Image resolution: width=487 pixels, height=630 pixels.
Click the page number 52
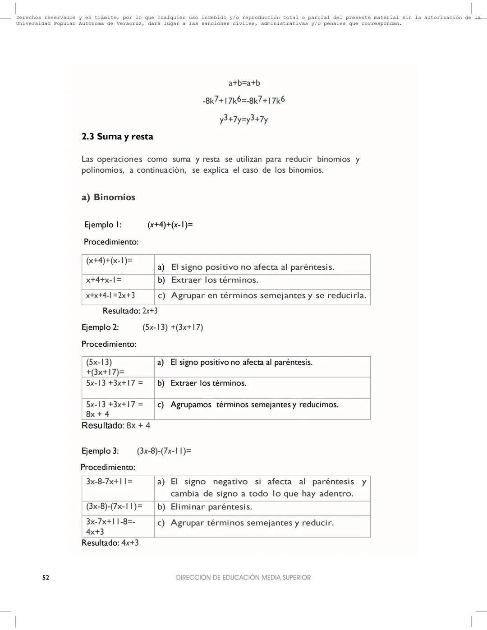[46, 578]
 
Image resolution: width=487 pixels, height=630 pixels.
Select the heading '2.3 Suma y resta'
[117, 137]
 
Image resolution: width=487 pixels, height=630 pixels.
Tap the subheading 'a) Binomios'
[108, 197]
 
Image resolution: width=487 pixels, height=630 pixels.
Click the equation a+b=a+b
[244, 83]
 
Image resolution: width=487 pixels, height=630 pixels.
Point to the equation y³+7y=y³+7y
[244, 120]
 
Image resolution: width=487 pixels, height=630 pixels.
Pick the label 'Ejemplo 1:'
[103, 225]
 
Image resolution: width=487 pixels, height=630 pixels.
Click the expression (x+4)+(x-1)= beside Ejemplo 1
[170, 225]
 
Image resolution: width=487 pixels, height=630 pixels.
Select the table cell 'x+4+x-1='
[104, 280]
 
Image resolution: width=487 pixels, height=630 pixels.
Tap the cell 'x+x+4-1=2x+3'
[110, 296]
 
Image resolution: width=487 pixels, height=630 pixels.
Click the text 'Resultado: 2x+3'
[130, 311]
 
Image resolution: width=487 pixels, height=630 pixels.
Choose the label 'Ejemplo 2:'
[100, 327]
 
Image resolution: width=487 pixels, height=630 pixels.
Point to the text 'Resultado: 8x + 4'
[116, 426]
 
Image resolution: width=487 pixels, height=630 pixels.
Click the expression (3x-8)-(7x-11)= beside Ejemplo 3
[164, 451]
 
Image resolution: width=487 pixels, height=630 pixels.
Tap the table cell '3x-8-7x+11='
[109, 482]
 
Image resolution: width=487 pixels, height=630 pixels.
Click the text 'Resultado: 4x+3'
[110, 543]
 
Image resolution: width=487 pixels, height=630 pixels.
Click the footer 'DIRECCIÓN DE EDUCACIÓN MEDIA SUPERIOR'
[243, 578]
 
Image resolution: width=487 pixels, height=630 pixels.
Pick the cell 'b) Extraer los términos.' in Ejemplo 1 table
[214, 280]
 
